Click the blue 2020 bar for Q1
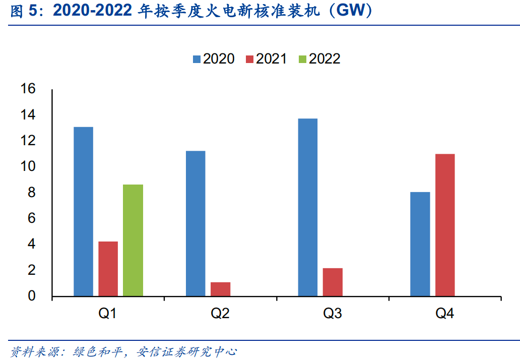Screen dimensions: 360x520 [x=83, y=211]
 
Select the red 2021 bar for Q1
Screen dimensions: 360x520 [x=108, y=269]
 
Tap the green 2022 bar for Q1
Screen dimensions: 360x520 [x=133, y=240]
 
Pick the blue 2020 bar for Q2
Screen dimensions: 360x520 [x=196, y=223]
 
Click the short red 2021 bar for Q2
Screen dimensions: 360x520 [x=220, y=289]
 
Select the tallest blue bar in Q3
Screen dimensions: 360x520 [x=307, y=207]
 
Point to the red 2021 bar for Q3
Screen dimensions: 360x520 [x=333, y=282]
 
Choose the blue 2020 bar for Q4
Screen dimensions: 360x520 [x=420, y=244]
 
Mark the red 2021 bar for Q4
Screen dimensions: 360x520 [x=445, y=225]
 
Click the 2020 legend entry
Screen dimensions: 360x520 [x=213, y=59]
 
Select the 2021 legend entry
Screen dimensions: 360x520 [x=266, y=59]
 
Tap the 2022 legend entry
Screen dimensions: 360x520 [x=319, y=59]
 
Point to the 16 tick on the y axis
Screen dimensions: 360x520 [x=28, y=89]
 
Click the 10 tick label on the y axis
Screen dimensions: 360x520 [x=28, y=167]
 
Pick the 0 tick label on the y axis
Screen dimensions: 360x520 [x=32, y=296]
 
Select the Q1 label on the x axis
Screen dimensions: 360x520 [x=108, y=314]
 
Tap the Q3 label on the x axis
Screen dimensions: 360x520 [x=333, y=314]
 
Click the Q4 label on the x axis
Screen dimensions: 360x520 [x=445, y=314]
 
